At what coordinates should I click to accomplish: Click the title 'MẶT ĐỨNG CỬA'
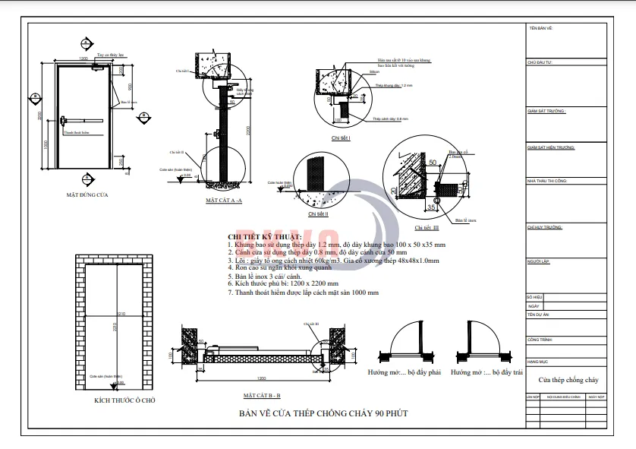tap(88, 195)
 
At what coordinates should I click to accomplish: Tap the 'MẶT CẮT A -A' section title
tap(224, 201)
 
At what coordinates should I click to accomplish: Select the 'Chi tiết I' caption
tap(341, 138)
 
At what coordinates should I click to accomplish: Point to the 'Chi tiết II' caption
tap(316, 213)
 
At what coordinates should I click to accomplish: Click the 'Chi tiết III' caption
tap(426, 227)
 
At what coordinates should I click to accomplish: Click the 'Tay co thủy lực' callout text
tap(111, 55)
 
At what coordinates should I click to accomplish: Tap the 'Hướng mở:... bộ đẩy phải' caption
tap(404, 373)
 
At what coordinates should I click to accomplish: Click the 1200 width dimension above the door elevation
tap(83, 58)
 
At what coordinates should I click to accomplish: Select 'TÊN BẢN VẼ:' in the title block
tap(540, 28)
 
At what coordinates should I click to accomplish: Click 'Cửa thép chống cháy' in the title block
tap(568, 379)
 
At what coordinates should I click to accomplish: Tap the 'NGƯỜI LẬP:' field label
tap(538, 261)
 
